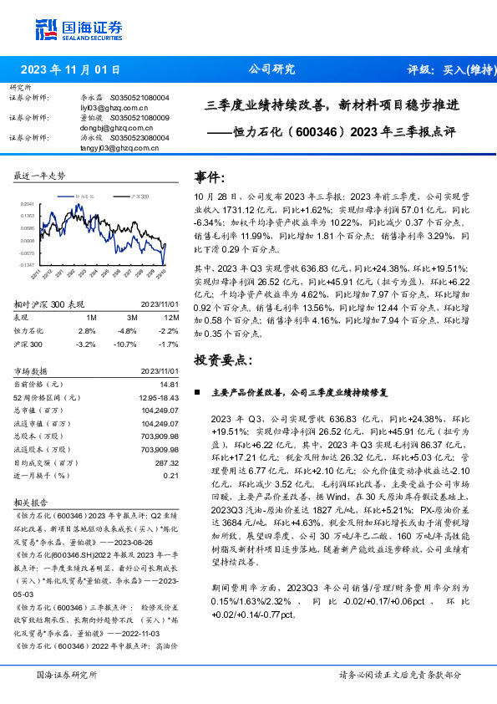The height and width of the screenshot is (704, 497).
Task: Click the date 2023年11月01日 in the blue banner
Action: [70, 70]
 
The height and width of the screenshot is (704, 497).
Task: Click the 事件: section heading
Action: [210, 177]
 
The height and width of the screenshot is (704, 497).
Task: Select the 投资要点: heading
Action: [223, 360]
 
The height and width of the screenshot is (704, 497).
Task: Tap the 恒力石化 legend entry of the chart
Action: [87, 195]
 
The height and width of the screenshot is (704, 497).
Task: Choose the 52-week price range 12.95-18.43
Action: [158, 397]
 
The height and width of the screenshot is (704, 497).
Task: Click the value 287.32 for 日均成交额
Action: [168, 462]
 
